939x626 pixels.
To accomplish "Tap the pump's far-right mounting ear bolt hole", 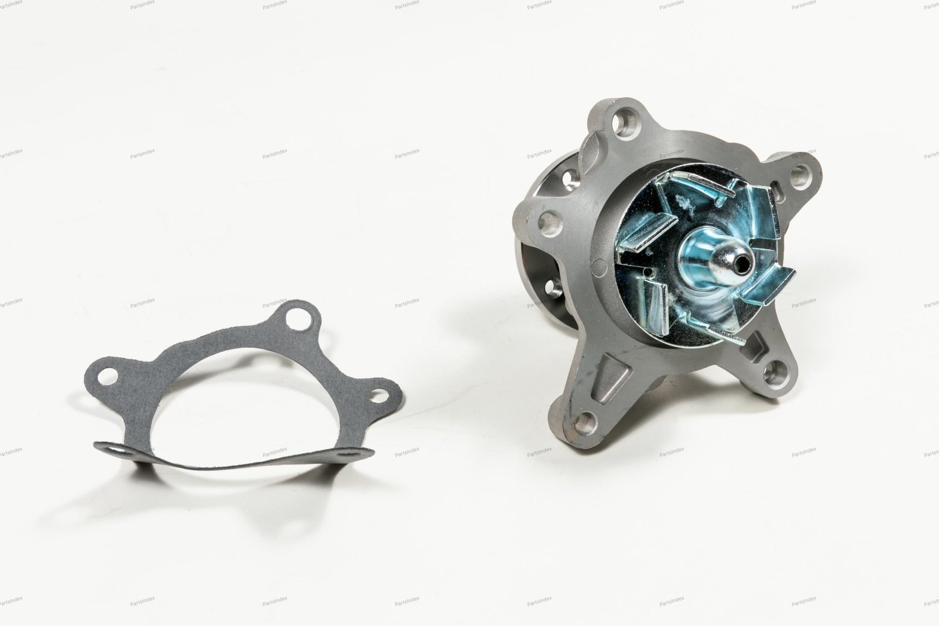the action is pyautogui.click(x=800, y=174).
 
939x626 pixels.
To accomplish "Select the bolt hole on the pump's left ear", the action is pyautogui.click(x=549, y=223).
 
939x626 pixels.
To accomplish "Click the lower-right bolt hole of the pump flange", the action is pyautogui.click(x=773, y=373).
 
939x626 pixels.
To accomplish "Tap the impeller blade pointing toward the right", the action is pyautogui.click(x=767, y=289).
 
